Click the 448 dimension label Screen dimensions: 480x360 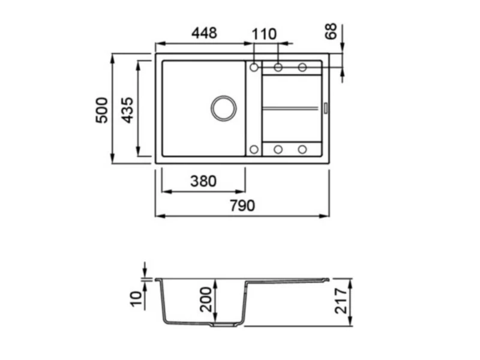(x=204, y=33)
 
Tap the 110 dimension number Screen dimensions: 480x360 (x=264, y=34)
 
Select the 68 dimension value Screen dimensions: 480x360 (x=331, y=31)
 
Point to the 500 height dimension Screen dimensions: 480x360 (x=102, y=110)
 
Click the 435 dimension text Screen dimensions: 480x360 (x=127, y=110)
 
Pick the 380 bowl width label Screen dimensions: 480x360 (x=203, y=181)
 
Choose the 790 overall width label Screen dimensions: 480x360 (x=242, y=205)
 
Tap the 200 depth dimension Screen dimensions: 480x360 (x=206, y=299)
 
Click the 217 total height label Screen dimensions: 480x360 (x=341, y=301)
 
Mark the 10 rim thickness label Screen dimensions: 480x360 (x=137, y=299)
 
